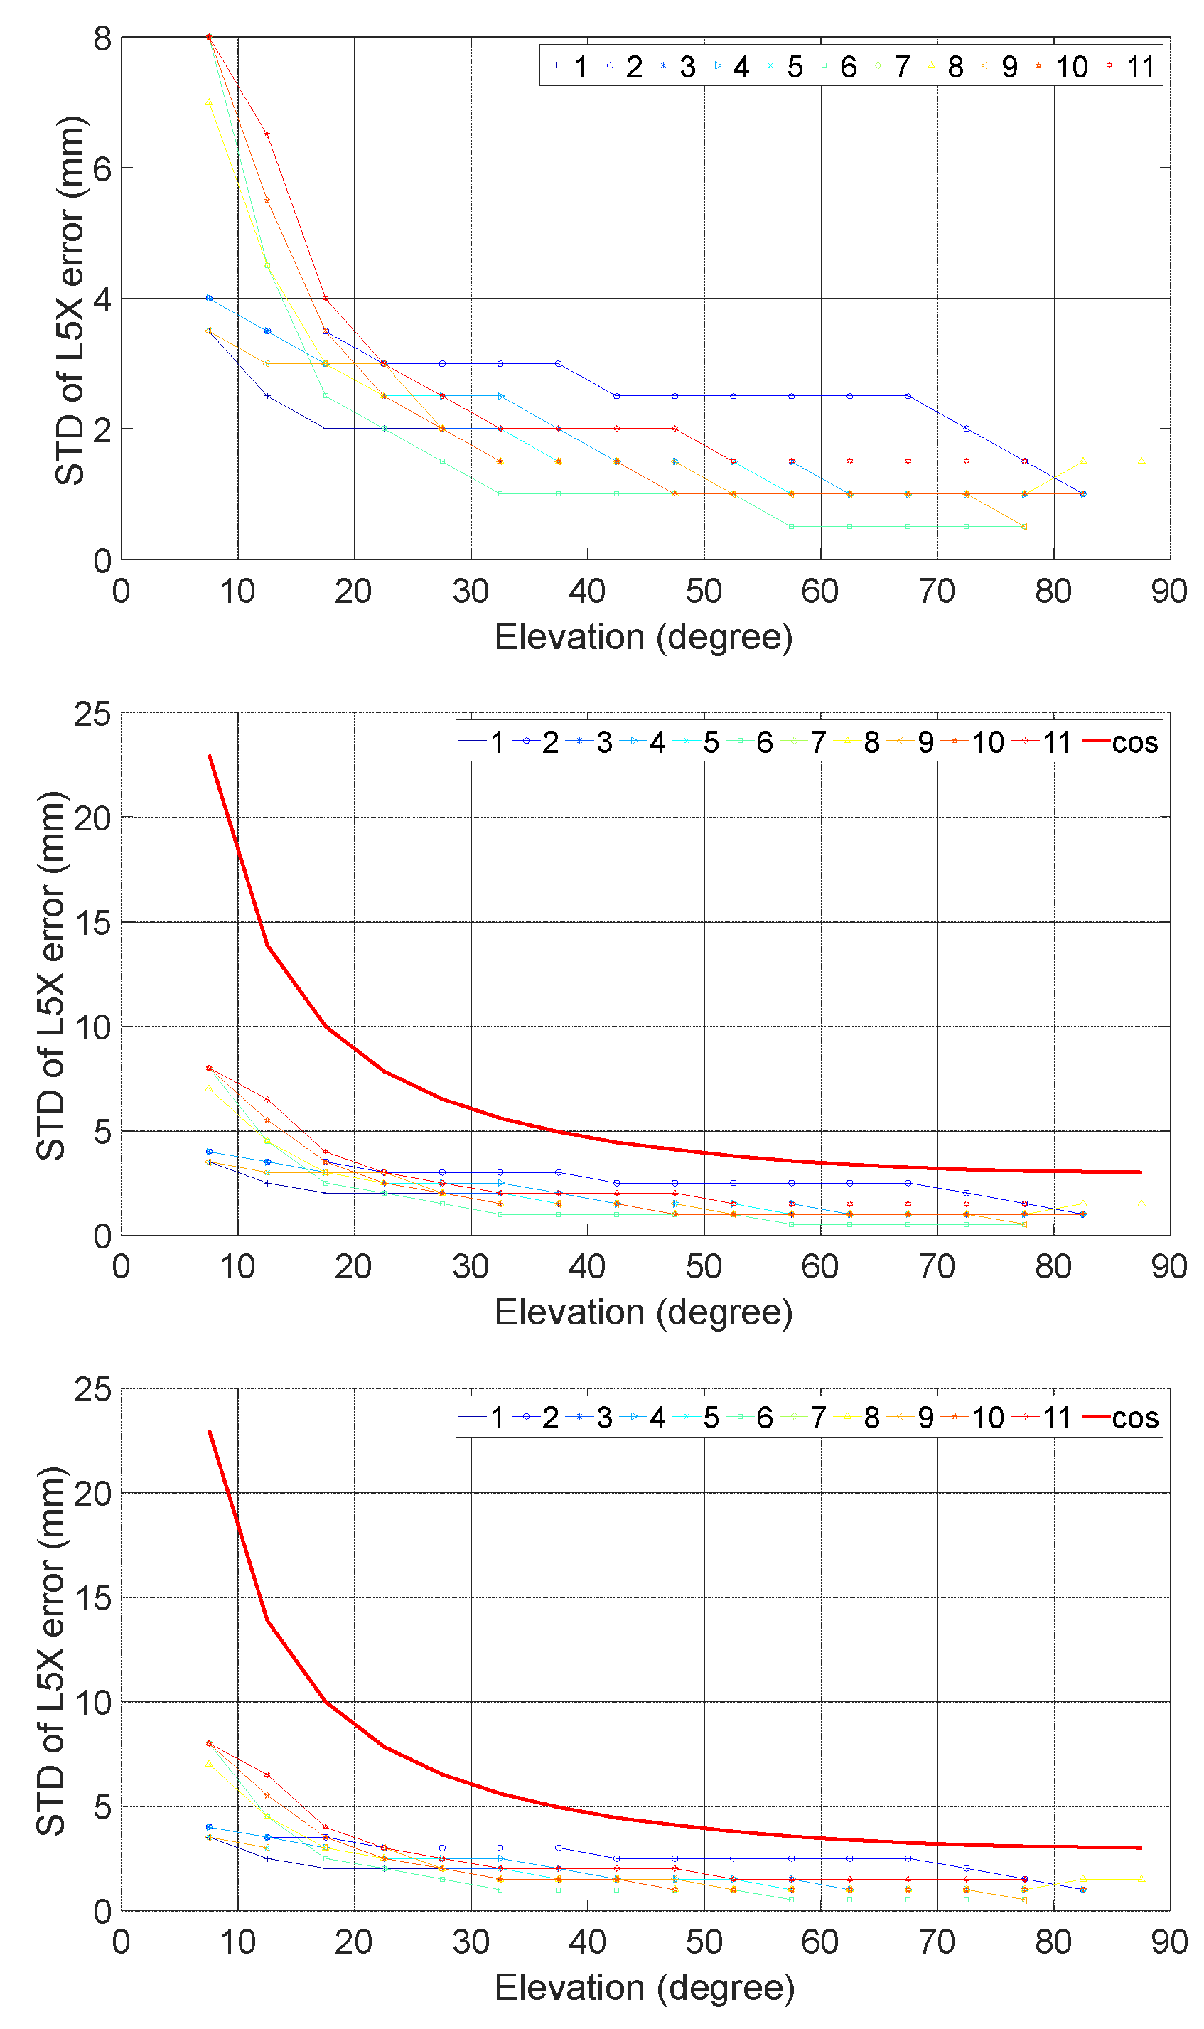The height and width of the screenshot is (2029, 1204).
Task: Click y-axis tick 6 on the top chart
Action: (x=102, y=168)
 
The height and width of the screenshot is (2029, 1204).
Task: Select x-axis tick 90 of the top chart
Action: (x=1169, y=591)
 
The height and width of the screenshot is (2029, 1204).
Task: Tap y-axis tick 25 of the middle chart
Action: (x=92, y=714)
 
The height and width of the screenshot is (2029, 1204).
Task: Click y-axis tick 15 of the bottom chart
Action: (x=92, y=1598)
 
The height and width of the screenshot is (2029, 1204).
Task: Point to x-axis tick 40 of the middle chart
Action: (x=586, y=1266)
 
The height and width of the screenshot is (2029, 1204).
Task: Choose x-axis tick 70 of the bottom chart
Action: (x=937, y=1942)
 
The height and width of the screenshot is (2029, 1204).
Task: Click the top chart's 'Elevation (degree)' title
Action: (x=643, y=637)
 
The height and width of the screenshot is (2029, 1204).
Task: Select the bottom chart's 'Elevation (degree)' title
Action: (x=644, y=1988)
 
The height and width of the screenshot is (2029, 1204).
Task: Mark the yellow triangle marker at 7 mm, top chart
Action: (x=210, y=103)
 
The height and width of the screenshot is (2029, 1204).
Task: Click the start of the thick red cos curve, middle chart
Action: (x=210, y=756)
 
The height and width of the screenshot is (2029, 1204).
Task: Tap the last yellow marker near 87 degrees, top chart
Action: (x=1141, y=461)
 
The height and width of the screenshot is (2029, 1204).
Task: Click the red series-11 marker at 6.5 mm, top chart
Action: (x=267, y=134)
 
